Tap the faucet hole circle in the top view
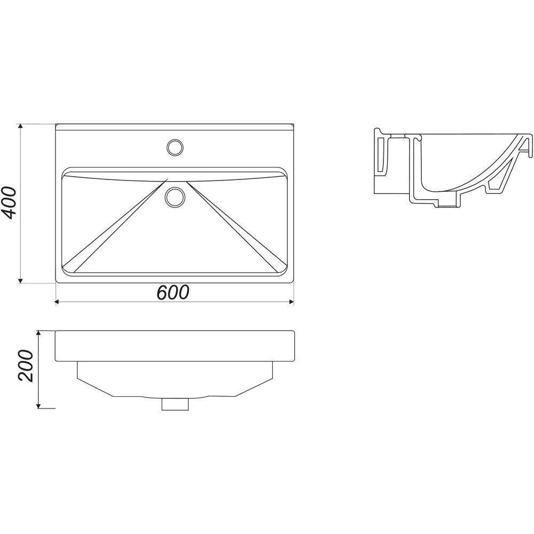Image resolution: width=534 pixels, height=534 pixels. click(175, 147)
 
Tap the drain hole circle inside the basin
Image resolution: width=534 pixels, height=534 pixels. click(175, 197)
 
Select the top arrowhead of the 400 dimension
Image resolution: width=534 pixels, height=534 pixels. click(20, 127)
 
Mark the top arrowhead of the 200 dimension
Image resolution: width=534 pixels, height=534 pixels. click(38, 333)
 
